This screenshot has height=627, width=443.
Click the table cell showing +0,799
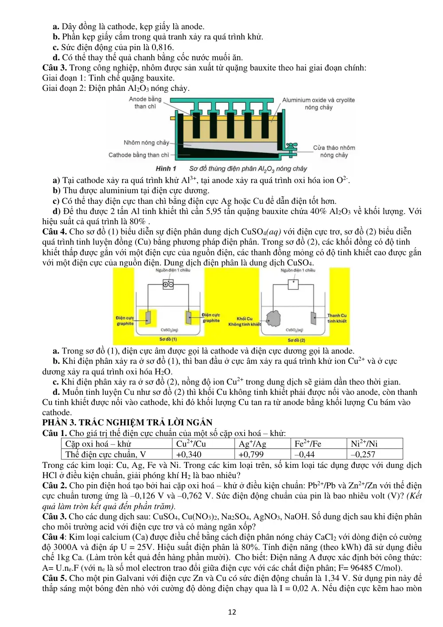tap(262, 454)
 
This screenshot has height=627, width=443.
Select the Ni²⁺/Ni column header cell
tap(375, 444)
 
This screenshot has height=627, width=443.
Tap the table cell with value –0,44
tap(319, 454)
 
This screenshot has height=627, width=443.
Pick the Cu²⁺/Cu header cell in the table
tap(203, 444)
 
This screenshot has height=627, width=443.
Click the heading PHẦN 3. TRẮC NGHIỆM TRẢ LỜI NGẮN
tap(127, 422)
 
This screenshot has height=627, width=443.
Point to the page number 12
tap(232, 612)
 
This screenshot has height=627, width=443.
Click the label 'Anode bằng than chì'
tap(145, 103)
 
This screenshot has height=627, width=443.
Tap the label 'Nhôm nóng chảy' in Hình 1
tap(146, 143)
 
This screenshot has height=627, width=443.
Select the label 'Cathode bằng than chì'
tap(139, 155)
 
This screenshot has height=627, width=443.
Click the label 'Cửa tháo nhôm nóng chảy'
tap(334, 151)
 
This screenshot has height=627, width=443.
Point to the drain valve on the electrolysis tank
tap(291, 149)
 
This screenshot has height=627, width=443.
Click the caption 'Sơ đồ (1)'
tap(168, 339)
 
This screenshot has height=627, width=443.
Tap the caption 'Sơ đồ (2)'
tap(296, 340)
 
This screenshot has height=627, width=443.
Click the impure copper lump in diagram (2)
tap(273, 319)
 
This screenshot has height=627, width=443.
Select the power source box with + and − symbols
tap(168, 284)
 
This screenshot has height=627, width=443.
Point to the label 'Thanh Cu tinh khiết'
tap(337, 318)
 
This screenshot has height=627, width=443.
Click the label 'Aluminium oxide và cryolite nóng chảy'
tap(319, 104)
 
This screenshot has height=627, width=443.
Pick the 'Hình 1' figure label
tap(166, 168)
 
